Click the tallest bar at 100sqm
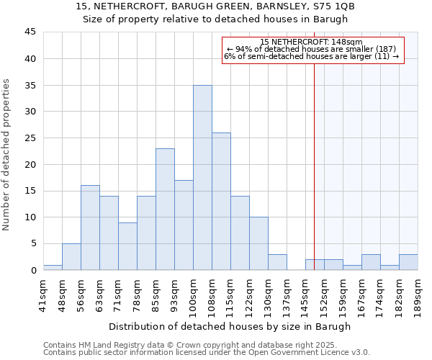(202, 178)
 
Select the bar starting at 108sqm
(221, 202)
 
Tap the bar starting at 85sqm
(165, 210)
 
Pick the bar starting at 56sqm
(90, 228)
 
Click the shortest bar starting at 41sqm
(53, 267)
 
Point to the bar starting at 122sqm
(258, 243)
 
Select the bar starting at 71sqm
(127, 246)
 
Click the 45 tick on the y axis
(30, 32)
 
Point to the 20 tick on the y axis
(30, 164)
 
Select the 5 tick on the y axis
(33, 243)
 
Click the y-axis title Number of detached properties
(7, 155)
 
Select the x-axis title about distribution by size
(230, 326)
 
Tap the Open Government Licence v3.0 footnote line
(206, 353)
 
